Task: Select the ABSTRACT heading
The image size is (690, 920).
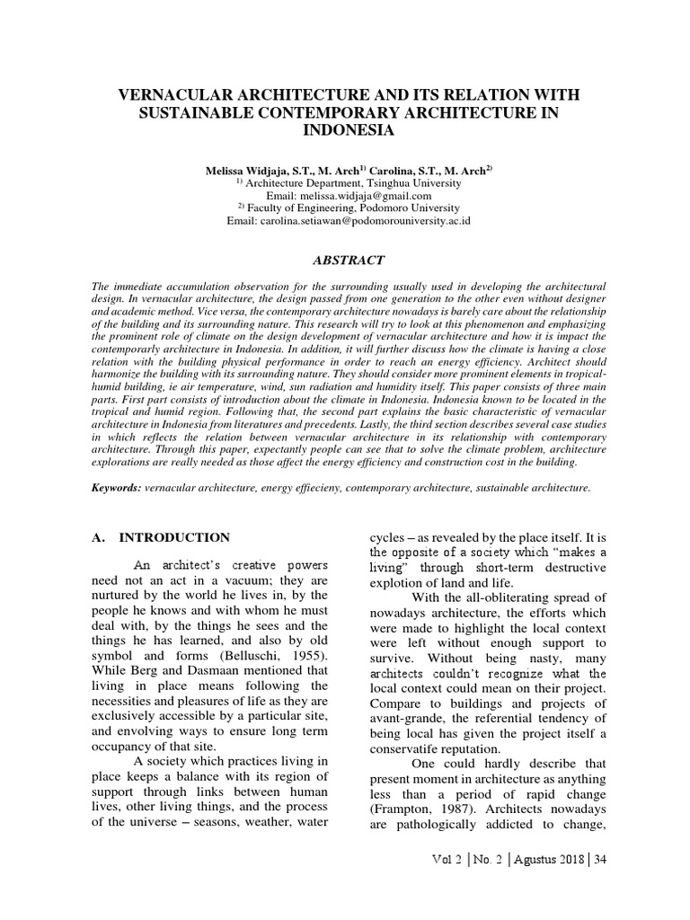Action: (348, 261)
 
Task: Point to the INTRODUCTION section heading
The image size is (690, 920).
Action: (175, 537)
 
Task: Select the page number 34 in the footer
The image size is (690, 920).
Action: (600, 884)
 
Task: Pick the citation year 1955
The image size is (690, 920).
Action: (305, 658)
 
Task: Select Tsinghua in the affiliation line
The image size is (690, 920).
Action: (391, 182)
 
